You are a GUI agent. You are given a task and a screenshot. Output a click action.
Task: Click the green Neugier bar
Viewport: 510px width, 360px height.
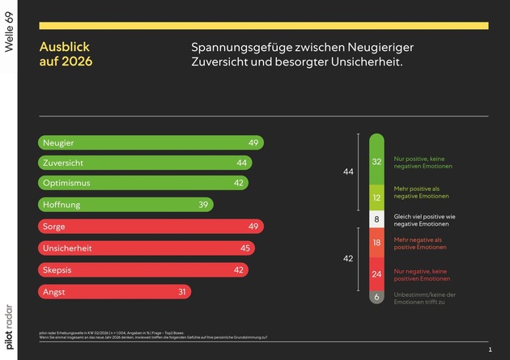tap(150, 142)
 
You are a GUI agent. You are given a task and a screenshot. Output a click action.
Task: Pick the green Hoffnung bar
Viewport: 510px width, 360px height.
tap(125, 205)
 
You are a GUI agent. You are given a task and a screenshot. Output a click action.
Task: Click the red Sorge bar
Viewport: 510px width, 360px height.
tap(150, 226)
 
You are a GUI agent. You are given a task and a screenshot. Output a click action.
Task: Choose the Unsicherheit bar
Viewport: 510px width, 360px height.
tap(147, 248)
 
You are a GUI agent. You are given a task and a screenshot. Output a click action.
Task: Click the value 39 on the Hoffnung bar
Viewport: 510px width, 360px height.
tap(204, 205)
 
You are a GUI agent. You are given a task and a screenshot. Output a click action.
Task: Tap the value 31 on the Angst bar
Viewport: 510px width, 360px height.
tap(181, 291)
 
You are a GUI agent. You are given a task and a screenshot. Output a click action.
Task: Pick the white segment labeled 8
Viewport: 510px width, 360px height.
tap(376, 219)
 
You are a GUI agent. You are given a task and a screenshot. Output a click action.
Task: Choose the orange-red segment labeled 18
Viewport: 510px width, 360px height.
tap(376, 242)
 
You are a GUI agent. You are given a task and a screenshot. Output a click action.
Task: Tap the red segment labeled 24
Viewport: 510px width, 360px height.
tap(376, 273)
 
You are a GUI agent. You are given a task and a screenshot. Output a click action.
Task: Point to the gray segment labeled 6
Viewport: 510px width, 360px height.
tap(376, 297)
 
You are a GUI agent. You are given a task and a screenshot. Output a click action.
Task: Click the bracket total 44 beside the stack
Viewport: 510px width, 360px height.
tap(348, 172)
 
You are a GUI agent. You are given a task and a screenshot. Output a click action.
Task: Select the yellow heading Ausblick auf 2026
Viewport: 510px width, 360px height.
tap(66, 53)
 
